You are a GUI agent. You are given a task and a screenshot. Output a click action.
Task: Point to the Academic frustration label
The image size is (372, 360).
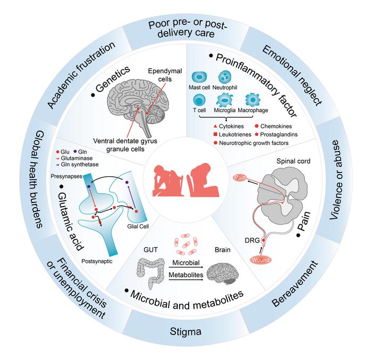[x=81, y=74]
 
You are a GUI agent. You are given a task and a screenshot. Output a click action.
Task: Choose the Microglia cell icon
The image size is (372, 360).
[x=225, y=99]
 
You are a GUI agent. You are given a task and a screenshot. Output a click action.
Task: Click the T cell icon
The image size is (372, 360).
[x=200, y=99]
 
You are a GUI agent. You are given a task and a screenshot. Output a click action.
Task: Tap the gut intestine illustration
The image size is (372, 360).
[x=151, y=270]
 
